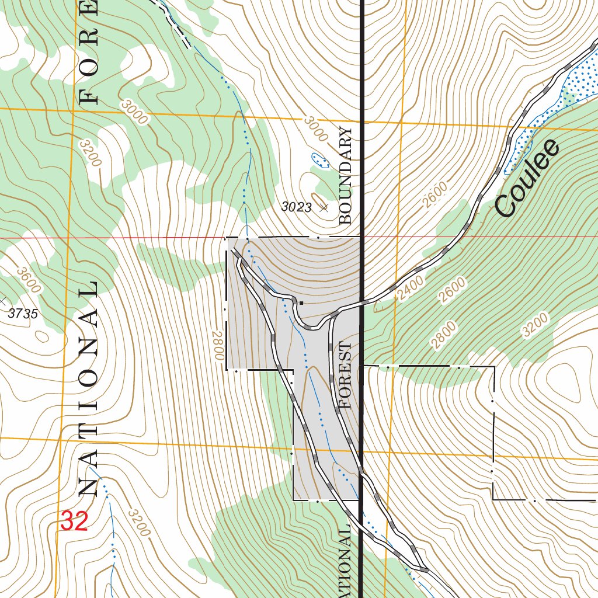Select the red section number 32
pos(74,521)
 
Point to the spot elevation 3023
pos(297,207)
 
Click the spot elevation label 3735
pos(23,314)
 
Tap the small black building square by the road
pos(301,303)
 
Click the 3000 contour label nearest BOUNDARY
pos(316,128)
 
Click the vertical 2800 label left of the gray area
pos(218,345)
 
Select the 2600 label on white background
pos(435,195)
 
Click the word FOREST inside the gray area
pos(346,376)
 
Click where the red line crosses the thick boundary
pos(361,237)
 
